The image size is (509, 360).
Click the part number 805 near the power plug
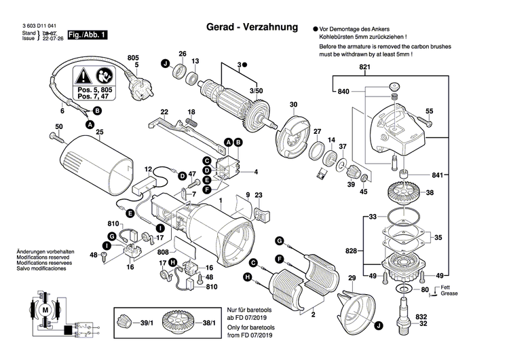[x=133, y=57]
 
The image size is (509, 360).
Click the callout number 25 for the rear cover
[x=99, y=132]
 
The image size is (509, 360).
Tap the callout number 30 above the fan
[x=293, y=105]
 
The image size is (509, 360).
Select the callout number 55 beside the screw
[x=429, y=111]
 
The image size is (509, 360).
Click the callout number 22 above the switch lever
[x=164, y=111]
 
